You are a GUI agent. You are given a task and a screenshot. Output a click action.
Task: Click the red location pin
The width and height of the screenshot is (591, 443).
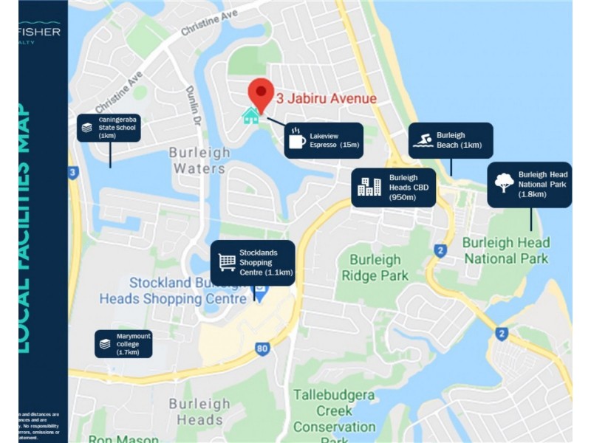pyautogui.click(x=261, y=94)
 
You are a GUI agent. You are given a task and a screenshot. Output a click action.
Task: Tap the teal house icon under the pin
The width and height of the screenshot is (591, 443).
pyautogui.click(x=251, y=116)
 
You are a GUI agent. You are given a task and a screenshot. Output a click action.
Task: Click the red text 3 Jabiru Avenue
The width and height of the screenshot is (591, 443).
pyautogui.click(x=327, y=99)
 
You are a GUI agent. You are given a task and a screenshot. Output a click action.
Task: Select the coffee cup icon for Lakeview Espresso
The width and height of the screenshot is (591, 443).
pyautogui.click(x=296, y=140)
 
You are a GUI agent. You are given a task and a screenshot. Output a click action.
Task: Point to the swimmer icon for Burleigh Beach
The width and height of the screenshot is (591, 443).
pyautogui.click(x=423, y=140)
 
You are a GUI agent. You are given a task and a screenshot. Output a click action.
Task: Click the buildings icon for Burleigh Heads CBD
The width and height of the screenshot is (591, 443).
pyautogui.click(x=369, y=187)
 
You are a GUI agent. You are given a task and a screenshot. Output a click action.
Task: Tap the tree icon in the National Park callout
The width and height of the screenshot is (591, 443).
pyautogui.click(x=505, y=183)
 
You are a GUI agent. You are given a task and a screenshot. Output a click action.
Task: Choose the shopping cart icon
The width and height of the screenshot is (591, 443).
pyautogui.click(x=227, y=262)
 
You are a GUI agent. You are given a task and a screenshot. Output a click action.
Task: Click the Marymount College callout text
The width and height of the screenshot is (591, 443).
pyautogui.click(x=133, y=344)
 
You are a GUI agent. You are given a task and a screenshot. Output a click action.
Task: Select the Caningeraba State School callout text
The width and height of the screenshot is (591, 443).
pyautogui.click(x=117, y=127)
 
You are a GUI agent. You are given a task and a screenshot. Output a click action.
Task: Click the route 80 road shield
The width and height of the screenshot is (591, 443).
pyautogui.click(x=262, y=348)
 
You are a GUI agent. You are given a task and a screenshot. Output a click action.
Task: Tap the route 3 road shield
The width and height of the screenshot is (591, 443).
pyautogui.click(x=72, y=173)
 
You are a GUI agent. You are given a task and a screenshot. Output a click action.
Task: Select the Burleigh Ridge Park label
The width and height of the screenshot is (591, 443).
pyautogui.click(x=375, y=268)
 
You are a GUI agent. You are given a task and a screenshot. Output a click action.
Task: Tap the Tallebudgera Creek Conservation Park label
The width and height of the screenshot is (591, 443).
pyautogui.click(x=334, y=411)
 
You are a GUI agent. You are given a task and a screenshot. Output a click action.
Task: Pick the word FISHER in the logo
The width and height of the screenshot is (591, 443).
pyautogui.click(x=41, y=31)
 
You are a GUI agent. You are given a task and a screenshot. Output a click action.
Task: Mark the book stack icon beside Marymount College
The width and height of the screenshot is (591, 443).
pyautogui.click(x=106, y=344)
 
